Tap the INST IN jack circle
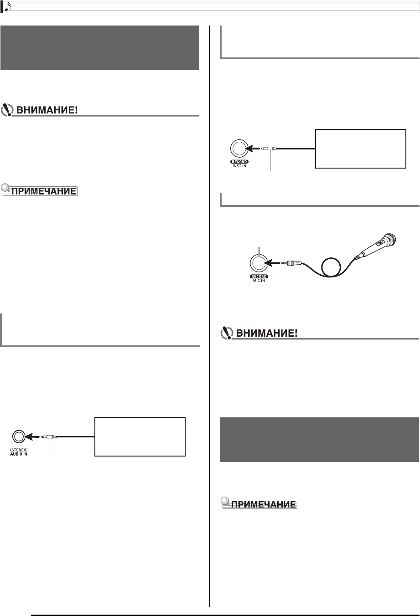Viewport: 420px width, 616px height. coord(239,148)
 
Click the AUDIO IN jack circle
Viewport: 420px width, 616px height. coord(18,436)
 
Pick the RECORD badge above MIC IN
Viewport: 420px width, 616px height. coord(259,277)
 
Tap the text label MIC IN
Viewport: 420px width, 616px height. coord(259,281)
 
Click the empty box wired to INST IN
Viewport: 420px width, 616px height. coord(360,149)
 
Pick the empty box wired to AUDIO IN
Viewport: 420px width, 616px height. coord(140,436)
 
